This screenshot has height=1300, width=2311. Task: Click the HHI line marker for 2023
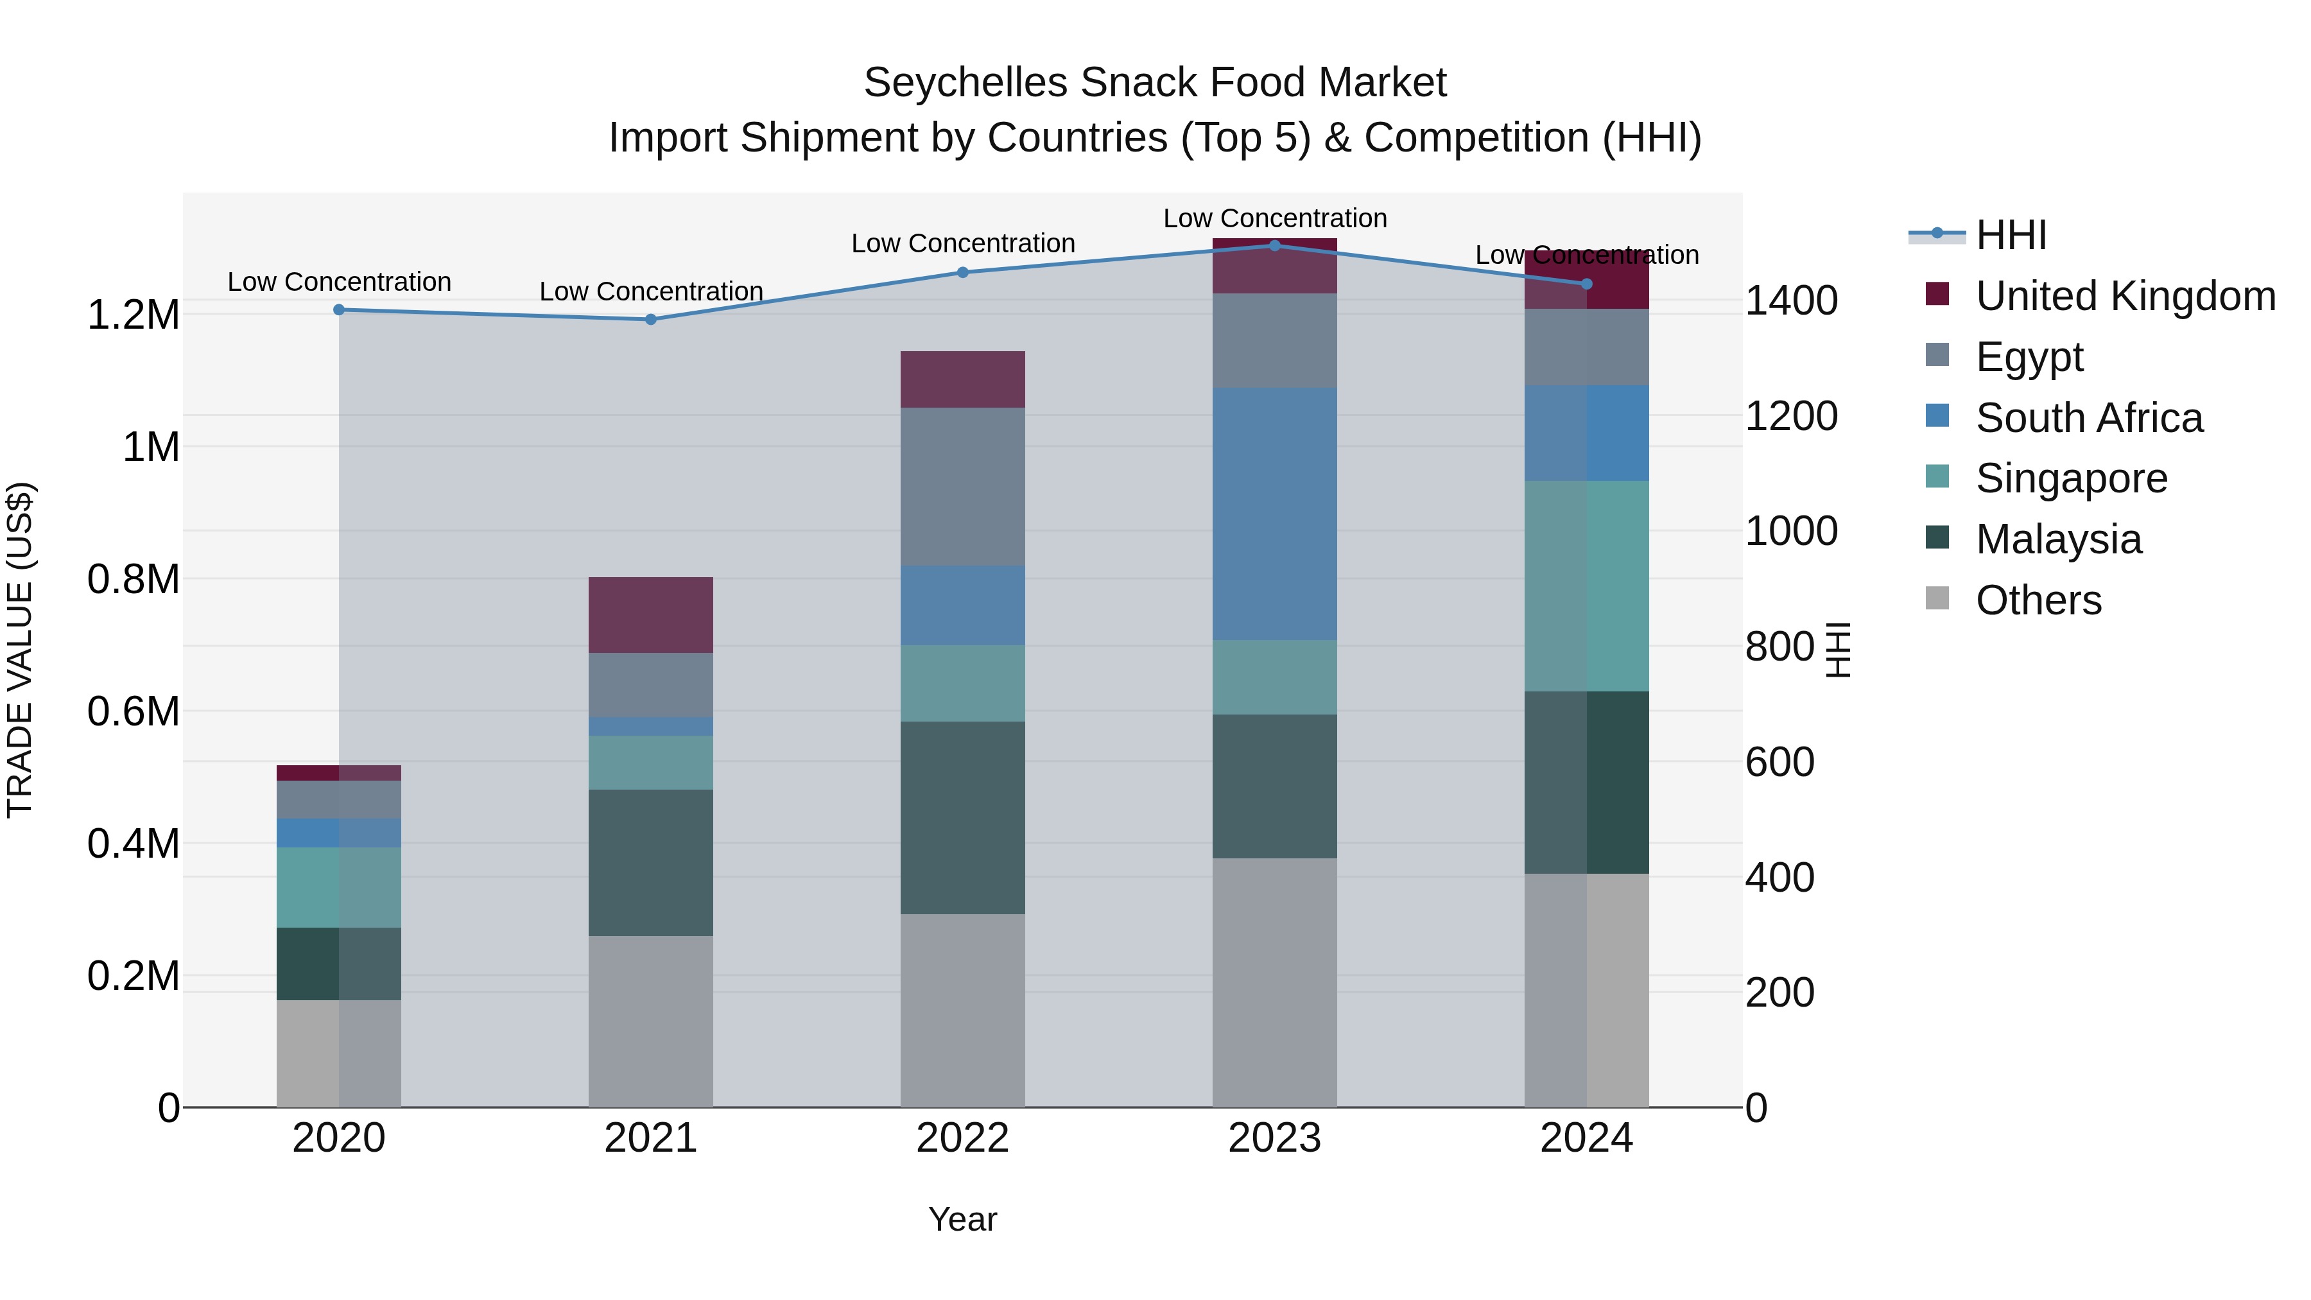tap(1275, 245)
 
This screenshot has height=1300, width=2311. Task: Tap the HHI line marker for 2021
tap(652, 320)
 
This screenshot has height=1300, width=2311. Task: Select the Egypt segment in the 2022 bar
tap(963, 487)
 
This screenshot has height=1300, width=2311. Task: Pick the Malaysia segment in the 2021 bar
tap(652, 862)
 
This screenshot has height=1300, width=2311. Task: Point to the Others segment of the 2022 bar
tap(963, 1010)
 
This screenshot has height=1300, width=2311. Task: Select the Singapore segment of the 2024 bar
tap(1586, 586)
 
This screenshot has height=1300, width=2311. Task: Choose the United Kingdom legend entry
tap(2124, 296)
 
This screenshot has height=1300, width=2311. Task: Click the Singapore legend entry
tap(2070, 478)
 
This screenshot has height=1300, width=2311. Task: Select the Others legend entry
tap(2038, 600)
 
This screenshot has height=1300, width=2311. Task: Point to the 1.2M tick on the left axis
tap(133, 315)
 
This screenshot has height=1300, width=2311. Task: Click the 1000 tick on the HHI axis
tap(1790, 531)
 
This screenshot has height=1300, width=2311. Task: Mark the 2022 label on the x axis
tap(963, 1138)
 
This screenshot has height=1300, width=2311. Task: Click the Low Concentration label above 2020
tap(339, 282)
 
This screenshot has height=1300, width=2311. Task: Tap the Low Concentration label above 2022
tap(963, 243)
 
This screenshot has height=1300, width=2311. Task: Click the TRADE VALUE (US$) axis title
tap(20, 650)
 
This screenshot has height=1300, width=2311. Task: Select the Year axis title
tap(963, 1219)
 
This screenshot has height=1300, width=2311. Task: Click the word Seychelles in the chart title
tap(965, 83)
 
